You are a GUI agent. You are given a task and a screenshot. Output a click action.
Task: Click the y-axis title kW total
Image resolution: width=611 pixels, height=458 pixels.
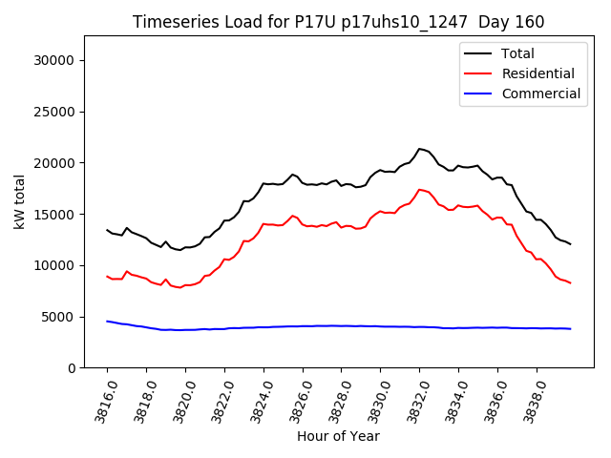point(20,201)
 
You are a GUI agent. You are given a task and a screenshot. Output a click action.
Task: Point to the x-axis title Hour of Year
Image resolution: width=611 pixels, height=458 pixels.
point(338,436)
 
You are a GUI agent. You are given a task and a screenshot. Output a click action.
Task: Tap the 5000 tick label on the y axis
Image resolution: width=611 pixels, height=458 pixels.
point(58,317)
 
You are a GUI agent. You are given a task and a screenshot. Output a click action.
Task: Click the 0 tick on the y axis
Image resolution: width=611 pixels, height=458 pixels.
point(72,368)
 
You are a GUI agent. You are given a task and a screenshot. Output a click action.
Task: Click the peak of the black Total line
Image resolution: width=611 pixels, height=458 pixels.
point(419,148)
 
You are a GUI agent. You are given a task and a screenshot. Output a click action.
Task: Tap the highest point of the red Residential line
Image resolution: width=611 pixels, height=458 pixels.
point(419,189)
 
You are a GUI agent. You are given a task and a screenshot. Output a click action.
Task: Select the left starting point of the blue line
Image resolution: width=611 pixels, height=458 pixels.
point(107,322)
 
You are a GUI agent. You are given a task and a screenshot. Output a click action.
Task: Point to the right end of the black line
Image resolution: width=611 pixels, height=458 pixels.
point(570,244)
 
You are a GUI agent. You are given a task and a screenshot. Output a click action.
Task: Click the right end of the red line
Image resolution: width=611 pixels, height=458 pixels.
point(570,282)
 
